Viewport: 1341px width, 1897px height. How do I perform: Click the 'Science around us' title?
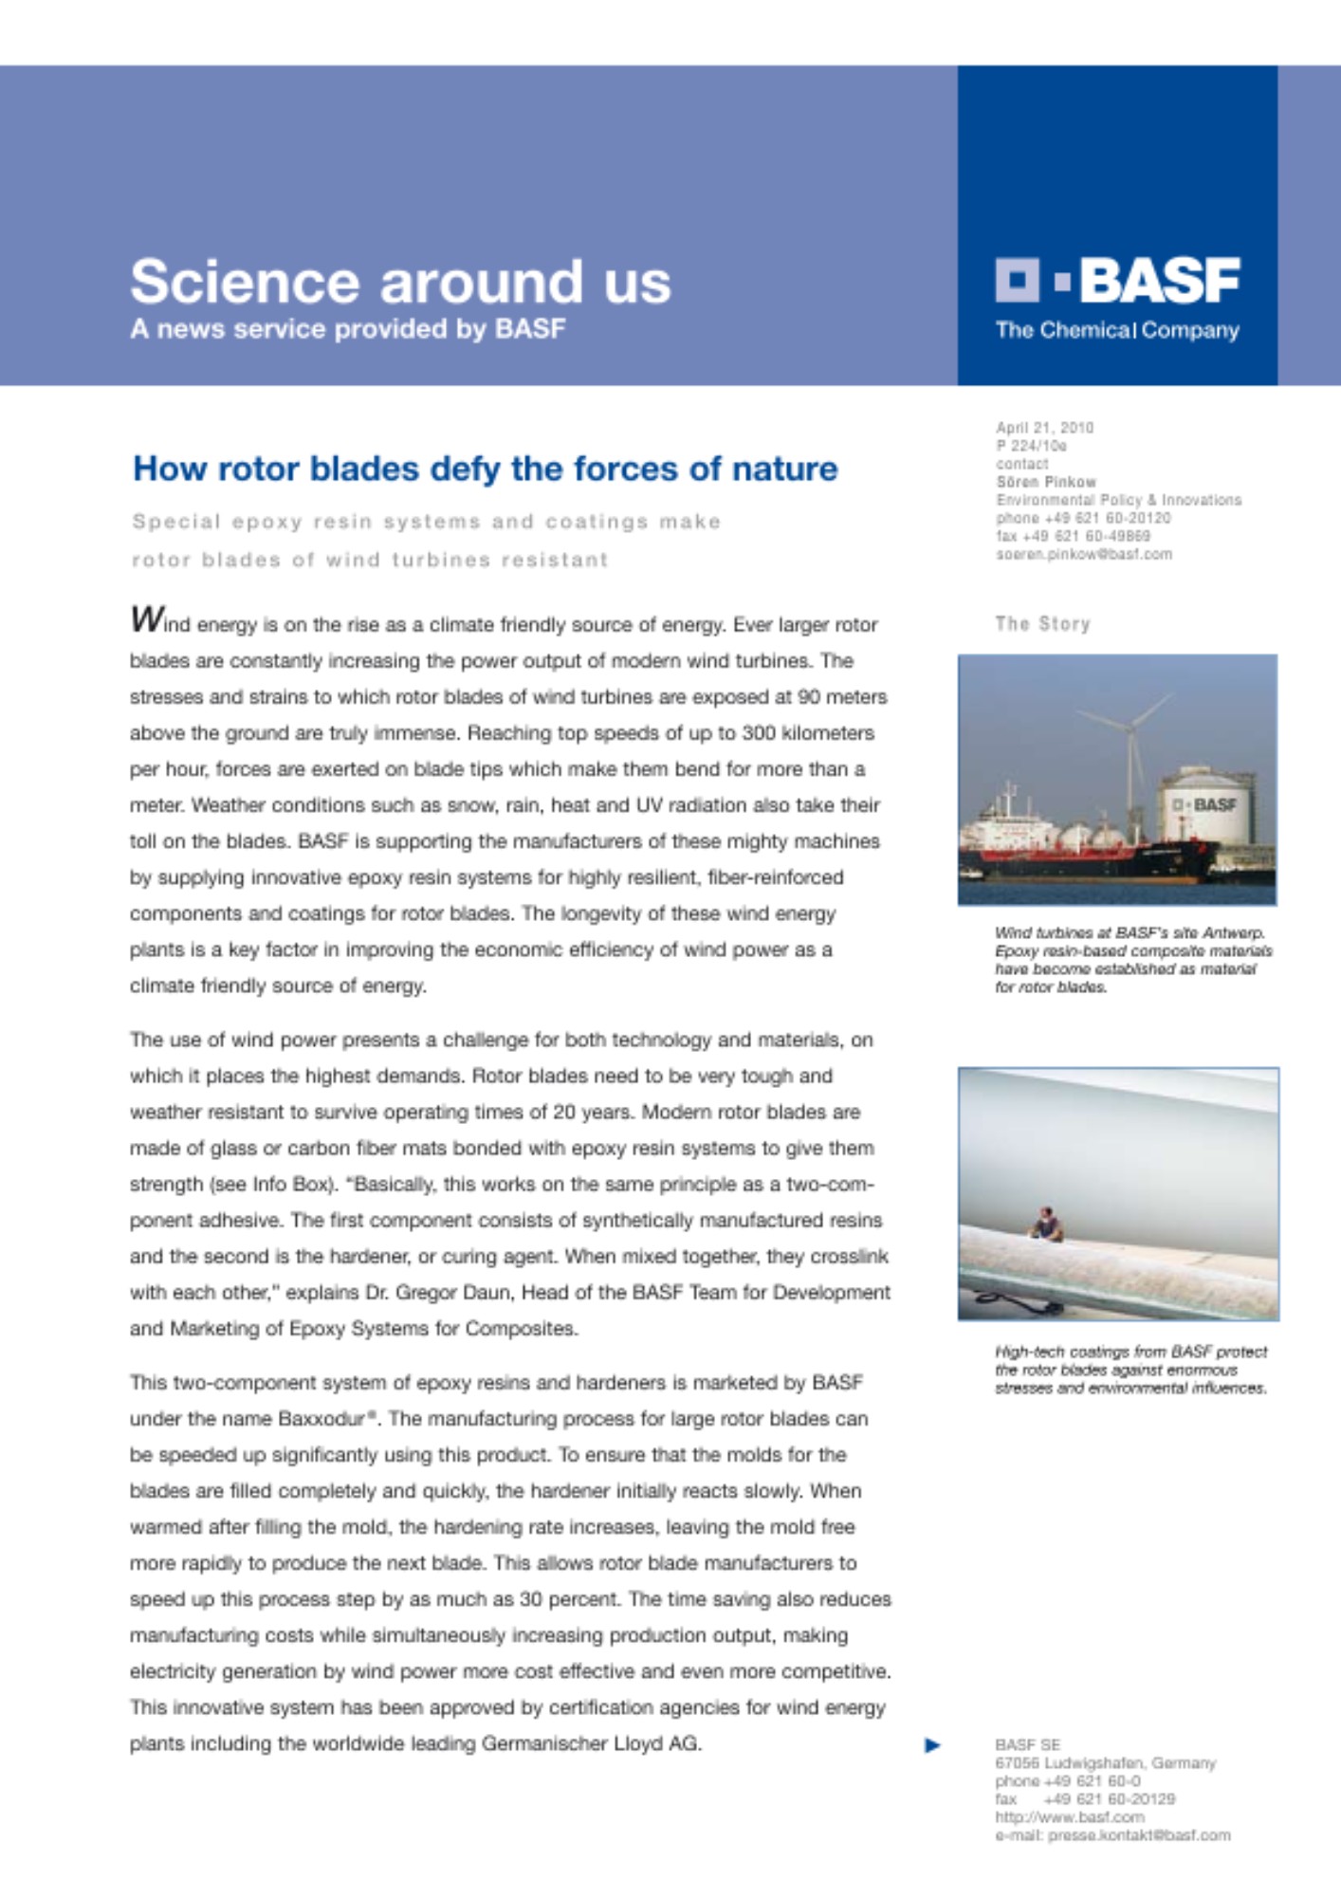click(400, 282)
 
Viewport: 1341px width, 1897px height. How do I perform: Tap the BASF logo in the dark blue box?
click(1117, 281)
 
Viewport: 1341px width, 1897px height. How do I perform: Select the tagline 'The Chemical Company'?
click(1117, 331)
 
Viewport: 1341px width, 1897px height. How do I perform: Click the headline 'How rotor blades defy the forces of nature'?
click(485, 469)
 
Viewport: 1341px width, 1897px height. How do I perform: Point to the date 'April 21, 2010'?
click(1044, 428)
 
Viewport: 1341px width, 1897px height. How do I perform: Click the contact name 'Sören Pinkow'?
click(1046, 482)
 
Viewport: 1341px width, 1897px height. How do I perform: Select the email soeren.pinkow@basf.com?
click(1083, 554)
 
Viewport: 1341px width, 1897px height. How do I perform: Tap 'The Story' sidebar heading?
click(1042, 624)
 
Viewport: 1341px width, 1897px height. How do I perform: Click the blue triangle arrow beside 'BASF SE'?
click(932, 1745)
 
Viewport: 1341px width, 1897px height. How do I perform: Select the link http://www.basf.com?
click(1070, 1817)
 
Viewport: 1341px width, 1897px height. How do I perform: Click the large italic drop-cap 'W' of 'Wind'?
click(147, 619)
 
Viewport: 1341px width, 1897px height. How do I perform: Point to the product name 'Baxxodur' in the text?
click(322, 1419)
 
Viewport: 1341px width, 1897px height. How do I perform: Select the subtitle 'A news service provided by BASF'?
click(347, 329)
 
